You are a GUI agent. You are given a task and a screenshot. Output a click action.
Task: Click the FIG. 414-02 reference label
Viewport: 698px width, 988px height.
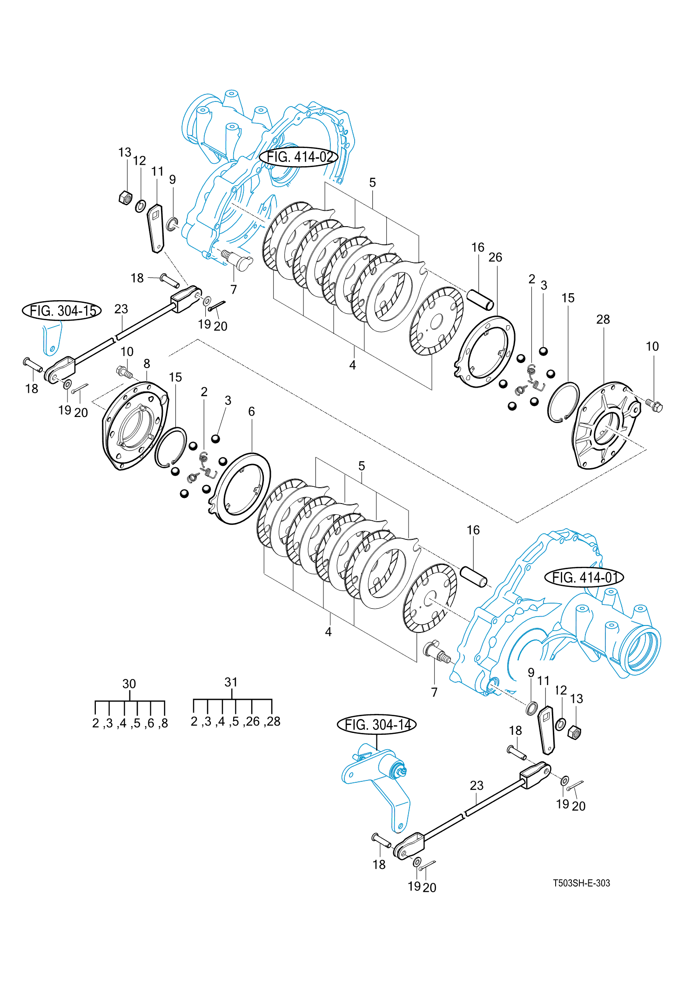click(299, 157)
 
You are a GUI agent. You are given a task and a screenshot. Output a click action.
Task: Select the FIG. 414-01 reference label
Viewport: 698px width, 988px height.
click(584, 578)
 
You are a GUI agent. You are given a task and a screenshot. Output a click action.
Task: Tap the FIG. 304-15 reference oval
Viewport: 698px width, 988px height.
click(62, 310)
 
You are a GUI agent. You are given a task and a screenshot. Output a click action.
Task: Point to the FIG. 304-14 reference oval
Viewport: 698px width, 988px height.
click(377, 725)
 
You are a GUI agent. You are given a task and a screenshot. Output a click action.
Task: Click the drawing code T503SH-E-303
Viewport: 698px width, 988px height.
click(581, 883)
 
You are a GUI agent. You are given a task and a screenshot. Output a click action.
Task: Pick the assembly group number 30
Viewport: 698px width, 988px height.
click(129, 684)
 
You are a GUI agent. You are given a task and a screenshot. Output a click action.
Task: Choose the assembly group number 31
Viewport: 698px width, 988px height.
click(231, 682)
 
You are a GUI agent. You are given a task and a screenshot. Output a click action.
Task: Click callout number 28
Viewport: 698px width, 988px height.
click(603, 319)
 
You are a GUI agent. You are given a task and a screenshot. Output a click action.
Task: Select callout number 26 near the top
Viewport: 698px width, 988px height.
click(495, 257)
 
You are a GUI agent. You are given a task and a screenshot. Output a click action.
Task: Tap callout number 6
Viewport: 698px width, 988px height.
click(251, 411)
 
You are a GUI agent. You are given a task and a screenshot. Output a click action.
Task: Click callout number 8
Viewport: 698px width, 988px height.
click(147, 363)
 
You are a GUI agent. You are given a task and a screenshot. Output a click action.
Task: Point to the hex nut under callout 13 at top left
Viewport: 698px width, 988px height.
click(125, 198)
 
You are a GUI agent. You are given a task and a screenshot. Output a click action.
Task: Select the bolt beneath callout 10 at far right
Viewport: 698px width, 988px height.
click(654, 406)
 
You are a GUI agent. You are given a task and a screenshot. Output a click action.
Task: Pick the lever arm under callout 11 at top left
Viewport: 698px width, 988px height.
click(156, 228)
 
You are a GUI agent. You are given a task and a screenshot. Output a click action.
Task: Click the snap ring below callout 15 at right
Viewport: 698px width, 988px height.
click(564, 402)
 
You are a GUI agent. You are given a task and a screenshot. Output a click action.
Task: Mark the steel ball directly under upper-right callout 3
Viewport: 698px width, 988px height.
click(543, 351)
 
